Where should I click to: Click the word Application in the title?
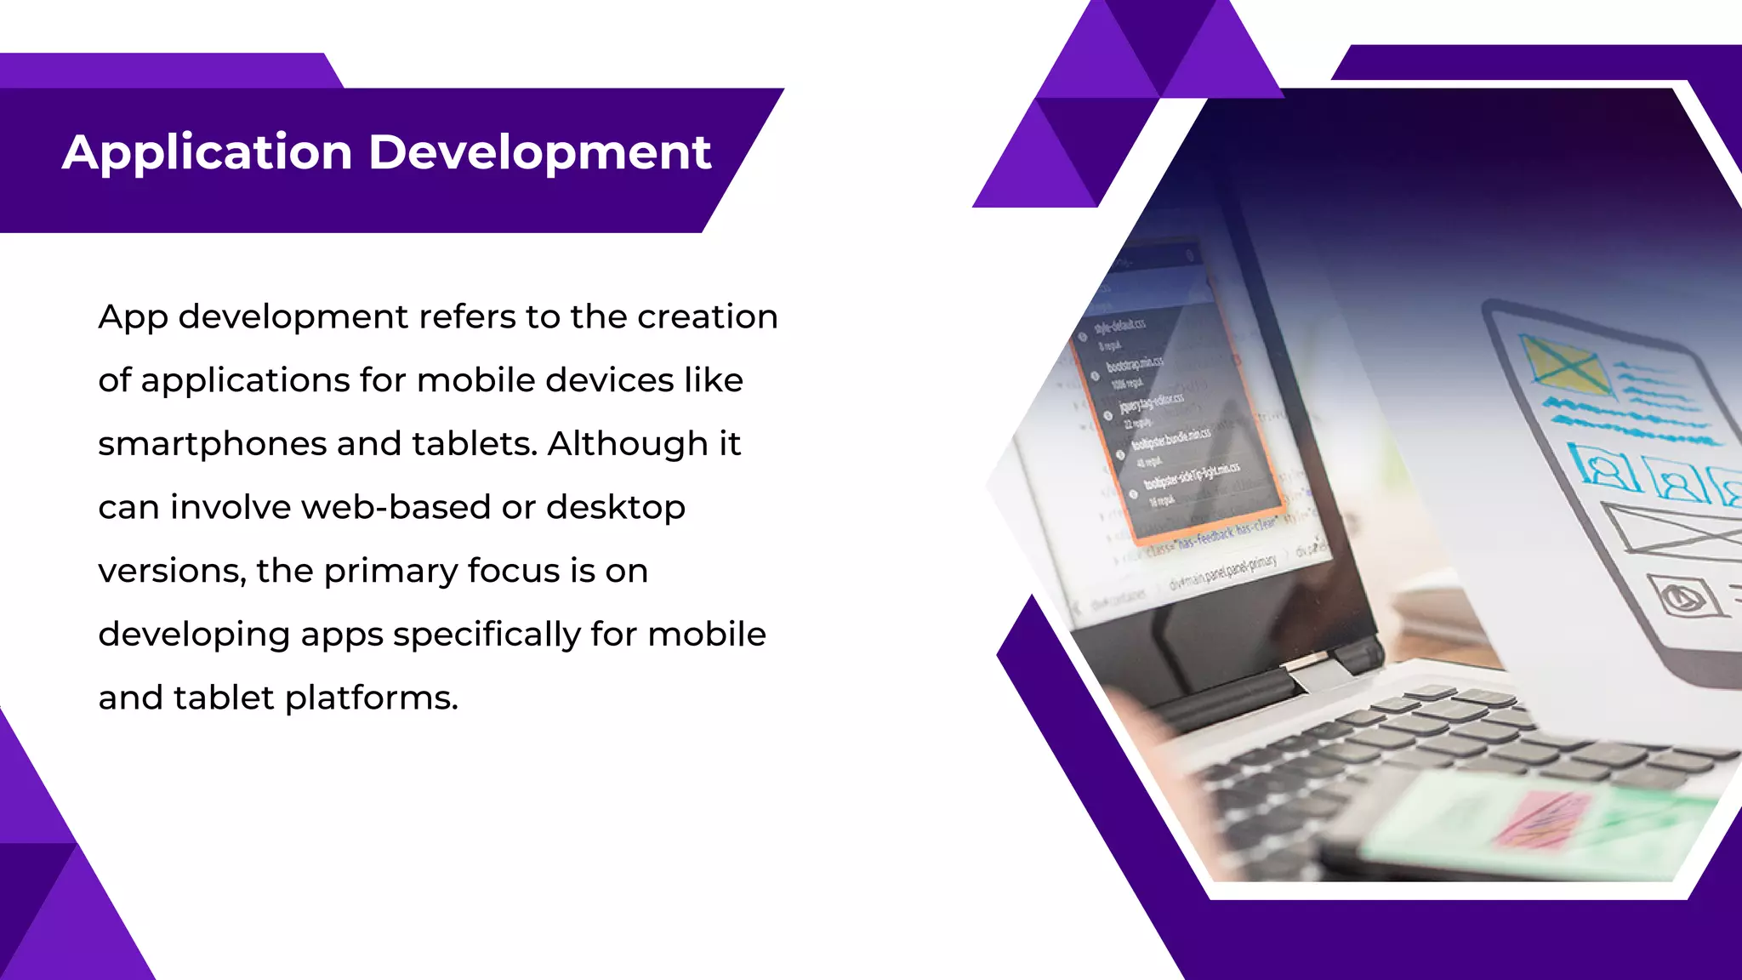coord(207,153)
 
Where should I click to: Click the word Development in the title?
coord(539,153)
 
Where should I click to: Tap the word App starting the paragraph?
coord(133,318)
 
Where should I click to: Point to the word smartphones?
coord(211,445)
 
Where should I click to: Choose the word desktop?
coord(616,509)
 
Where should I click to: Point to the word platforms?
coord(372,699)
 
